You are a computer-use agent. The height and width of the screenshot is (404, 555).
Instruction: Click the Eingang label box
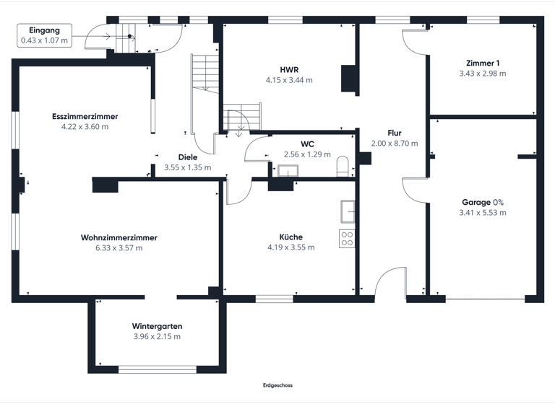(44, 35)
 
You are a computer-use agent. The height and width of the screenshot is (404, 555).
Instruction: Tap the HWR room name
(289, 69)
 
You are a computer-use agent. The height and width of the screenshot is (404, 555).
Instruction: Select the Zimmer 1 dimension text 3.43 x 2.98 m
(482, 73)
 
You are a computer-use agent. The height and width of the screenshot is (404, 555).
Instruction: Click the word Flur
(395, 133)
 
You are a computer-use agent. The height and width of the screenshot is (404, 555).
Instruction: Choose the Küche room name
(291, 237)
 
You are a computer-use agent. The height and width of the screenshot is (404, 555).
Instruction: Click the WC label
(307, 144)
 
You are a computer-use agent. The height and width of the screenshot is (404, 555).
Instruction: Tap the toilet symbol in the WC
(343, 167)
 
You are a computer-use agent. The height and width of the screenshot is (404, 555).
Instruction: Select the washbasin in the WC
(288, 171)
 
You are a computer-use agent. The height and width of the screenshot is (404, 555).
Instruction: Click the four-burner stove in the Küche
(347, 238)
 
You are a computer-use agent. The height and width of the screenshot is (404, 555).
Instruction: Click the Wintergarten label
(157, 326)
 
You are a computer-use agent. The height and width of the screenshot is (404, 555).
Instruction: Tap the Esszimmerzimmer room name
(85, 116)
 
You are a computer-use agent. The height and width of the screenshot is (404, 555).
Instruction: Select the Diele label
(187, 157)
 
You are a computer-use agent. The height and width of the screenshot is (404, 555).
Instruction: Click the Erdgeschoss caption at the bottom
(277, 385)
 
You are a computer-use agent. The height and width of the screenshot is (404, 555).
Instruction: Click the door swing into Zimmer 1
(414, 43)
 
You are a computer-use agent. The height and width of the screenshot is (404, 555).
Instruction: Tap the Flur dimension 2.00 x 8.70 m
(395, 143)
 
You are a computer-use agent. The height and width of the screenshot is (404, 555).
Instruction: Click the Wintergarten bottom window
(157, 369)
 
